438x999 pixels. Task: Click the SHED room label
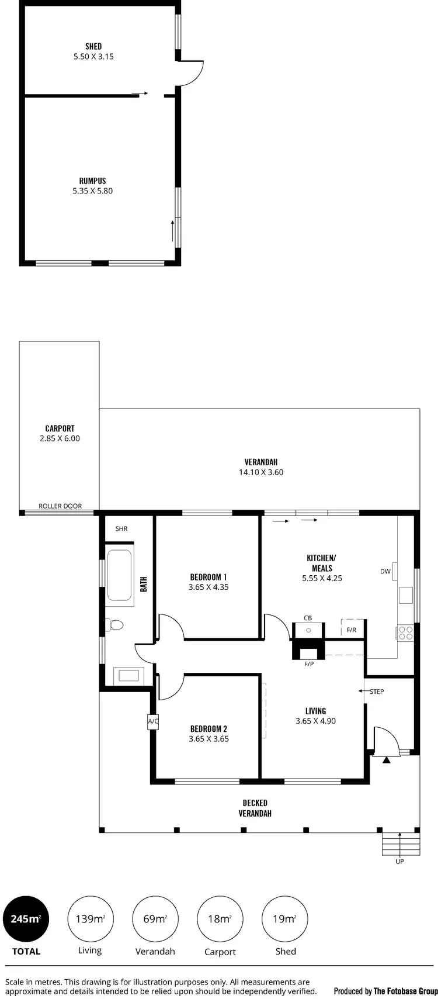[x=93, y=46]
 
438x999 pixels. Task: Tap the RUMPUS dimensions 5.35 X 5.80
[x=93, y=191]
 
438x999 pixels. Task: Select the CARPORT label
[x=60, y=428]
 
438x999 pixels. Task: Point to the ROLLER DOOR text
[x=60, y=506]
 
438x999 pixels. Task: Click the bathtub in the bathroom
[x=120, y=575]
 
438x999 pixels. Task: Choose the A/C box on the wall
[x=153, y=722]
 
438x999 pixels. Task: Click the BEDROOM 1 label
[x=208, y=577]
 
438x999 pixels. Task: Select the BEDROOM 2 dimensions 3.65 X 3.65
[x=208, y=739]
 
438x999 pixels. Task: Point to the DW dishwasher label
[x=385, y=572]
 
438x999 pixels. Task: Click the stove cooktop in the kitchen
[x=405, y=633]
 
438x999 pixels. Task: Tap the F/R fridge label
[x=352, y=631]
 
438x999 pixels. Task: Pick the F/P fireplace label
[x=309, y=664]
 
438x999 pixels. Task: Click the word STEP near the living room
[x=377, y=692]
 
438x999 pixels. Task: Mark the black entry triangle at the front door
[x=386, y=761]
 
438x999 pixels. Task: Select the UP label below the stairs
[x=399, y=862]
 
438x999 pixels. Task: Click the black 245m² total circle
[x=26, y=919]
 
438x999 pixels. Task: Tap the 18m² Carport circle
[x=220, y=919]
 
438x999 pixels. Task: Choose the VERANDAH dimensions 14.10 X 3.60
[x=261, y=472]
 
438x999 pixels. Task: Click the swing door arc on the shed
[x=193, y=72]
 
